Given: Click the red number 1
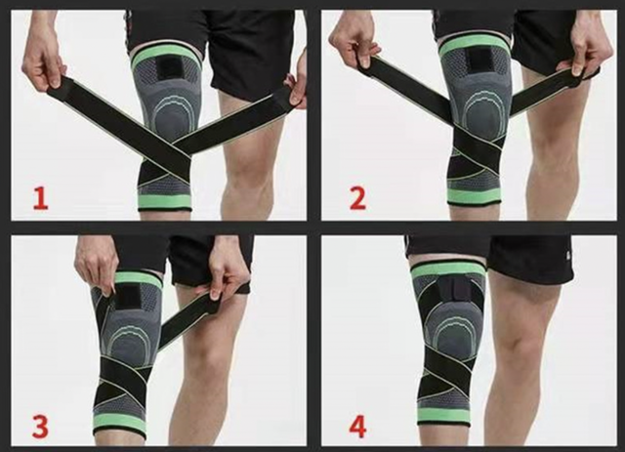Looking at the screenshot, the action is click(x=40, y=199).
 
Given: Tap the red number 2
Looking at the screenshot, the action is click(x=357, y=198).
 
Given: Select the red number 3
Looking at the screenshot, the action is click(x=40, y=426).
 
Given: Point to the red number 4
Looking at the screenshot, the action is click(x=357, y=426).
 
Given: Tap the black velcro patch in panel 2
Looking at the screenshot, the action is click(x=482, y=65).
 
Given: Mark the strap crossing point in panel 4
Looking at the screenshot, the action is click(x=451, y=375).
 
